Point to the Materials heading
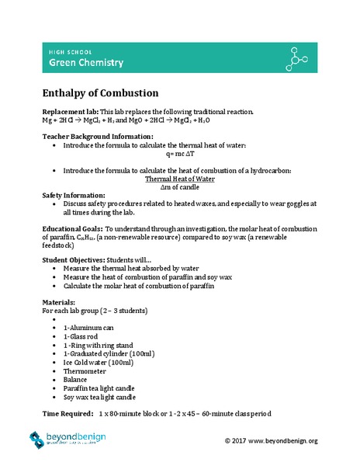pos(58,302)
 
